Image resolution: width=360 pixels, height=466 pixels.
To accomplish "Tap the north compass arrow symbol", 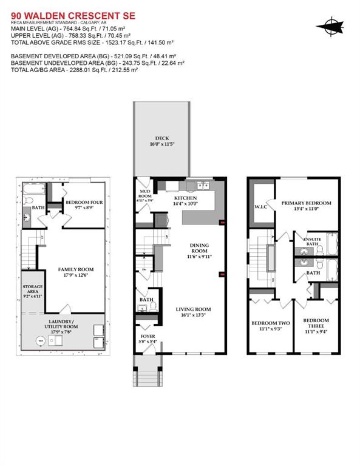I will click(330, 25).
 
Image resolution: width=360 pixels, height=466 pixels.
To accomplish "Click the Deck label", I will click(161, 138).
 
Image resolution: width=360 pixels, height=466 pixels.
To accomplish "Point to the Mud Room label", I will click(145, 194).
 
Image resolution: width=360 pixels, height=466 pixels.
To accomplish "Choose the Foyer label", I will click(148, 336).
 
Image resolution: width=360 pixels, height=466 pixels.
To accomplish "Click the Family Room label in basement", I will click(76, 269).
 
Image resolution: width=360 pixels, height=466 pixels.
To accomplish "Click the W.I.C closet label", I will click(261, 208).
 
